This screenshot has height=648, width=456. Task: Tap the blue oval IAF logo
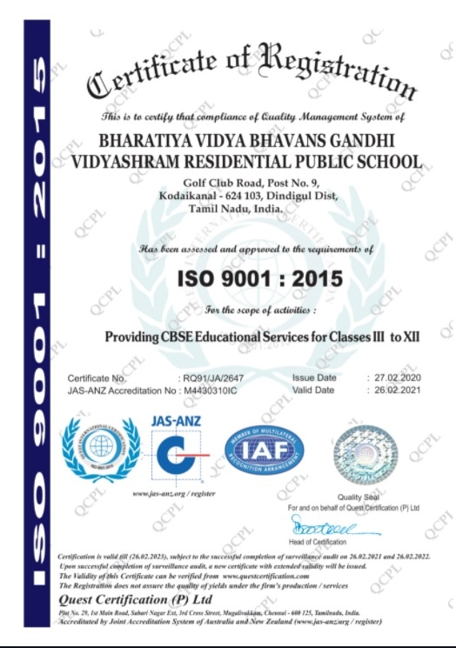pyautogui.click(x=261, y=451)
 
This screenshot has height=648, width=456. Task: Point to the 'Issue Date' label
pyautogui.click(x=314, y=378)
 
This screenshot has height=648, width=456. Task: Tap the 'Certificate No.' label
pyautogui.click(x=97, y=379)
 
